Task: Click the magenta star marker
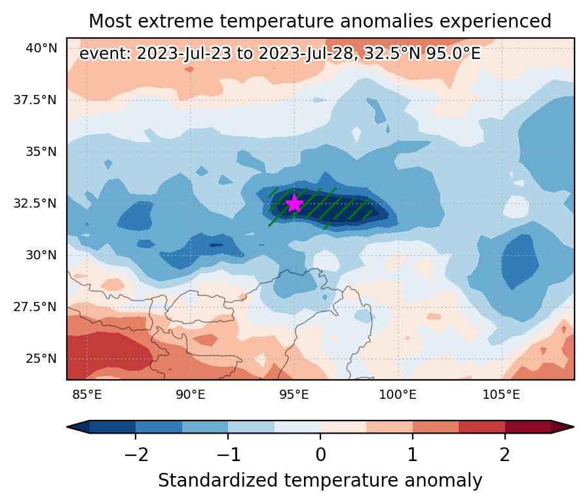295,203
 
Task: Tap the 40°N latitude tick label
41,48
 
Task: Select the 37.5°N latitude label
35,100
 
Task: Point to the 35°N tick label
41,151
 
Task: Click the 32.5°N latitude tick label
35,203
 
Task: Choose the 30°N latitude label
41,255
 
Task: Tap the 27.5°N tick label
35,307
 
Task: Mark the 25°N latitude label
41,358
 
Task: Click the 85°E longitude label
87,394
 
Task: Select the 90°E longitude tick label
191,394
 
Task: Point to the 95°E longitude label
294,394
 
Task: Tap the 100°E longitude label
398,394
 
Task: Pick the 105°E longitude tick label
501,394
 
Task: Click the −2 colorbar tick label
136,455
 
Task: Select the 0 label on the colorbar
320,455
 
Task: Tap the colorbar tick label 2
505,455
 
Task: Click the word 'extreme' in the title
178,21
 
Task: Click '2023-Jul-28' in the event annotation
306,54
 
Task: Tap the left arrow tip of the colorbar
67,426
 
